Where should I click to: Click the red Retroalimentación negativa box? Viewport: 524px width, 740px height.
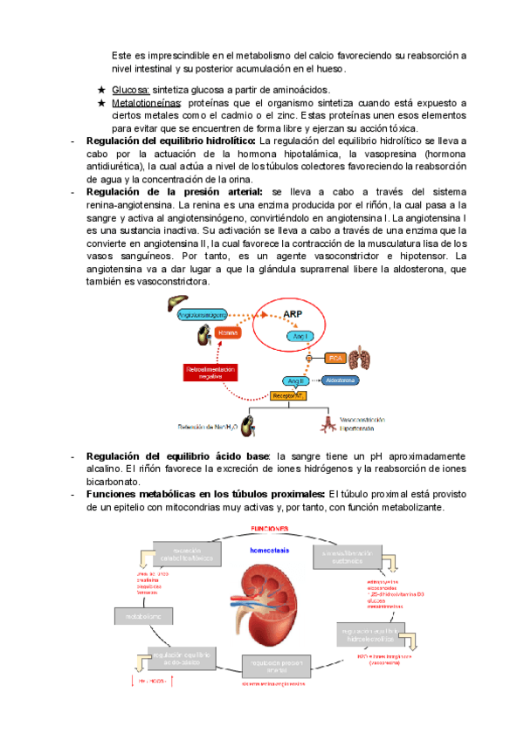coord(210,373)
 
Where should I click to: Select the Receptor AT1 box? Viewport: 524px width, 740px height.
coord(289,395)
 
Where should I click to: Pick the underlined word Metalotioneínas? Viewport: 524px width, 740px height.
coord(143,103)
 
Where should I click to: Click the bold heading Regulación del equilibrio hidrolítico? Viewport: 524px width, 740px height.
coord(171,141)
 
